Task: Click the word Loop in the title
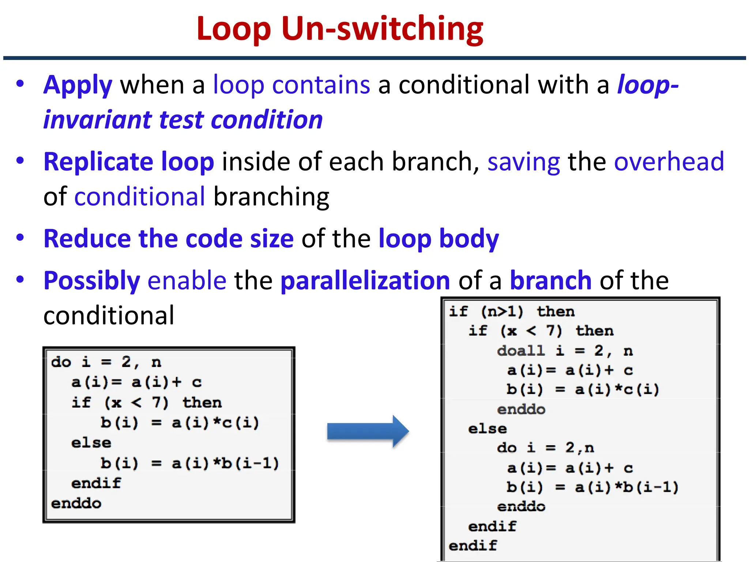(233, 29)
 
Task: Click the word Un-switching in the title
(382, 29)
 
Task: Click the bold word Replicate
(98, 162)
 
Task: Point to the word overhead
(669, 162)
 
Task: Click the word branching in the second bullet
(271, 197)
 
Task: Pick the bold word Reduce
(86, 239)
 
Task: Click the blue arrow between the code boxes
(368, 431)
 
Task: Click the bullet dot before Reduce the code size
(20, 237)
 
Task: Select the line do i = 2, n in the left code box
(106, 362)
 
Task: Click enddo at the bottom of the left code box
(76, 503)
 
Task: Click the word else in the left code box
(91, 443)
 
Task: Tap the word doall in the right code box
(521, 351)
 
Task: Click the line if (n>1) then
(512, 312)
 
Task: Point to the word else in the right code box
(488, 429)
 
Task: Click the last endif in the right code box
(473, 546)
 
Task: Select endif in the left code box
(96, 483)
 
